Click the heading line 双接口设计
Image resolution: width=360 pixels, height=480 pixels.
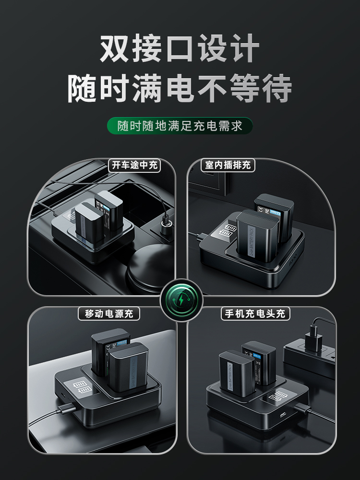(180, 48)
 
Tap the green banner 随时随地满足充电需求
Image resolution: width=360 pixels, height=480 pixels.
(180, 126)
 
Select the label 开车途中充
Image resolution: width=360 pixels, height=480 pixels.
(134, 166)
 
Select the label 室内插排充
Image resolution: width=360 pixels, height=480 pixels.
(228, 166)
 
